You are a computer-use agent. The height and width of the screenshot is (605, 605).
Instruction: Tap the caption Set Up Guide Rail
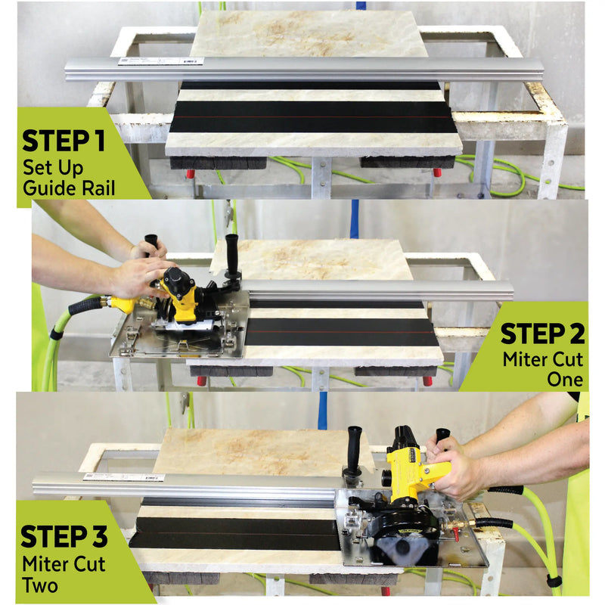coord(69,177)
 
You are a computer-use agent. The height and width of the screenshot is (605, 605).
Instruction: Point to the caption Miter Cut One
coord(543,369)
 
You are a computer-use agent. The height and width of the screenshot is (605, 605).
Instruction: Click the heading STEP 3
coord(64,535)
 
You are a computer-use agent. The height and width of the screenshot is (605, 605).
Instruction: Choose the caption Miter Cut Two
coord(64,573)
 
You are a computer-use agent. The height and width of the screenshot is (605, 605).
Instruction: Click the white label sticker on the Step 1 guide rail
coord(160,61)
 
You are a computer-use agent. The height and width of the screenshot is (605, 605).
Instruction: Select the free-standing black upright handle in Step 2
coord(231,255)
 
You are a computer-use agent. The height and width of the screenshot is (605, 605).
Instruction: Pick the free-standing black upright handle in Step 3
coord(352,448)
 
